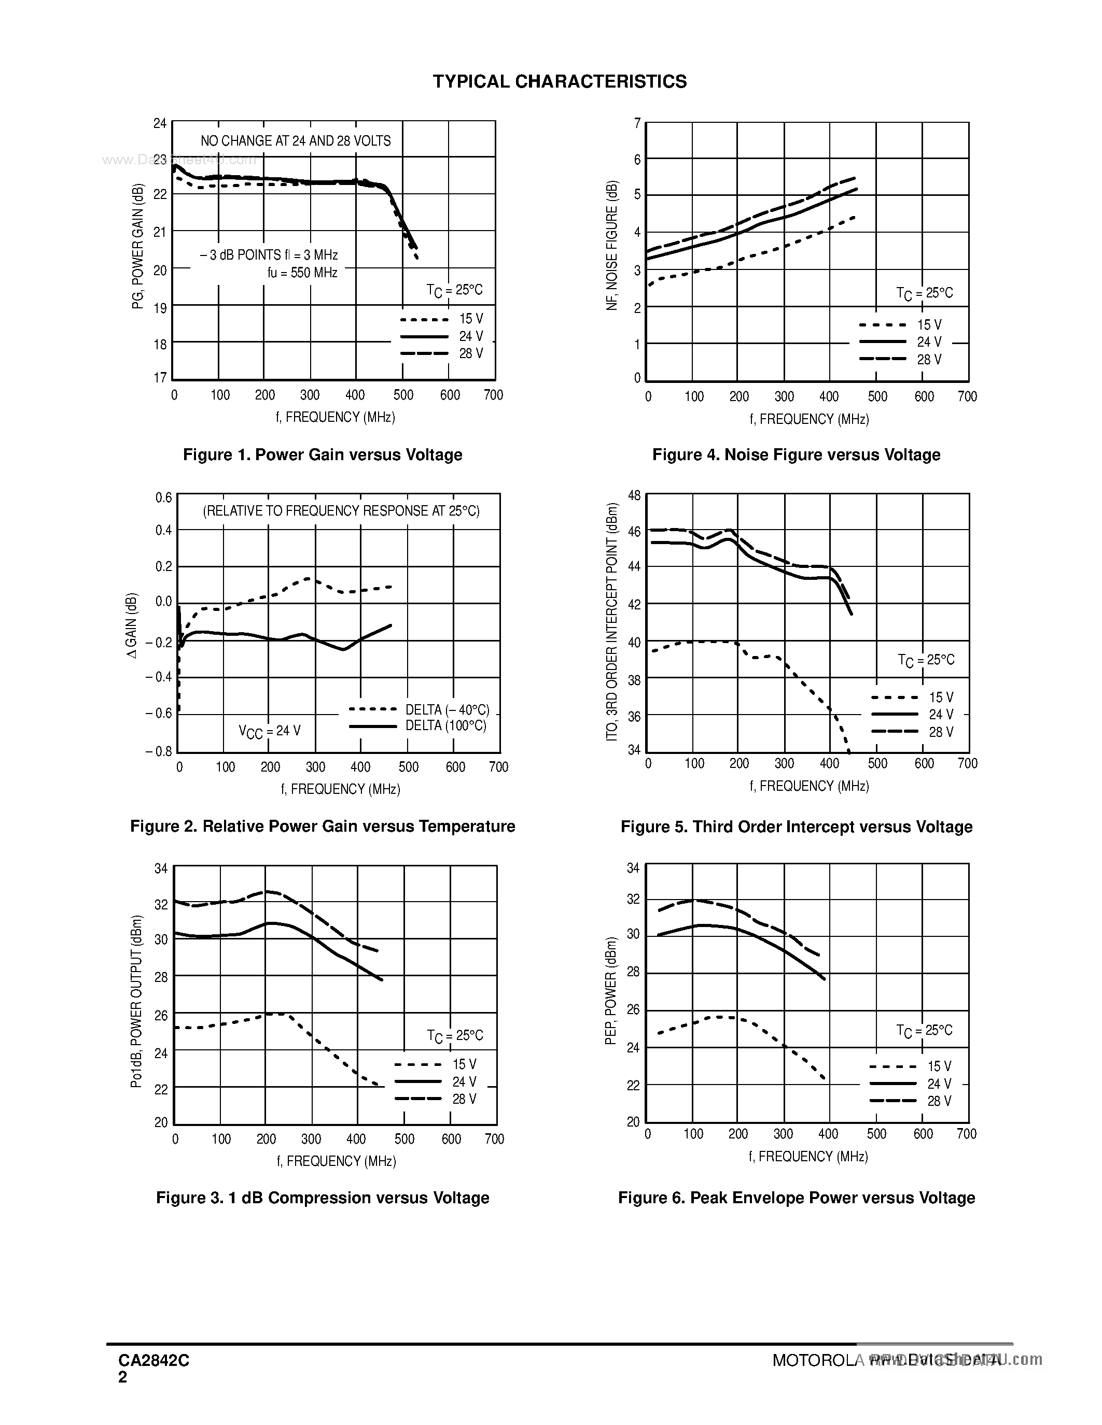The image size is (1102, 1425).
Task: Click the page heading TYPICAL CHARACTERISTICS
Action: pyautogui.click(x=560, y=81)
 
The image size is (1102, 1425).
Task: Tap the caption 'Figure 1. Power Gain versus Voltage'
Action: pyautogui.click(x=323, y=455)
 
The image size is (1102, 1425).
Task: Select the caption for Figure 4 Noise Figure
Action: pyautogui.click(x=796, y=455)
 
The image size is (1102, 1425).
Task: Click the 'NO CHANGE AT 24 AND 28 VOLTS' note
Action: pyautogui.click(x=295, y=141)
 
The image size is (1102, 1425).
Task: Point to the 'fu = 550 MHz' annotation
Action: pyautogui.click(x=302, y=273)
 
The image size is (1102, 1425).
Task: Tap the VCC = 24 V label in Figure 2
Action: pyautogui.click(x=270, y=732)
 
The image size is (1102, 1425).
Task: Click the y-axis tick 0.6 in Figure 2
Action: pyautogui.click(x=163, y=498)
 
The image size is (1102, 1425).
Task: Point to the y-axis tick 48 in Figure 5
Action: pyautogui.click(x=634, y=495)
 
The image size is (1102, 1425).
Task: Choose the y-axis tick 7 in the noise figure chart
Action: pyautogui.click(x=637, y=123)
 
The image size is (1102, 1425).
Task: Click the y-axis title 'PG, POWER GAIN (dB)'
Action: pyautogui.click(x=138, y=247)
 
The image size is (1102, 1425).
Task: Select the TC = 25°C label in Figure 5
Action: pyautogui.click(x=926, y=660)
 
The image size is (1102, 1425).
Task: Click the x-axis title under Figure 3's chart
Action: pyautogui.click(x=336, y=1161)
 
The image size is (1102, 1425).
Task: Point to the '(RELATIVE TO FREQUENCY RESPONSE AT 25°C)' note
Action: pyautogui.click(x=341, y=511)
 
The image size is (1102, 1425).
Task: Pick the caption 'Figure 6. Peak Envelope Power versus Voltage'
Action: pyautogui.click(x=797, y=1198)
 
